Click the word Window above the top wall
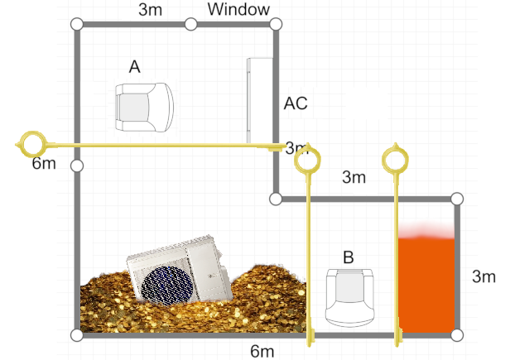pos(238,9)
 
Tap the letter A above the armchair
pos(135,67)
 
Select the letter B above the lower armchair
pos(349,257)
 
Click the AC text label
pos(296,103)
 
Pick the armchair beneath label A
pos(144,108)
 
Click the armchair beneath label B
pos(350,297)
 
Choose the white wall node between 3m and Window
pos(191,24)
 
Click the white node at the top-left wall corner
pos(77,24)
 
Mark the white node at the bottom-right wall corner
pos(457,335)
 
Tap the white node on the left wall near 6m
pos(77,166)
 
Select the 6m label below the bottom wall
pos(262,352)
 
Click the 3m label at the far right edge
pos(484,276)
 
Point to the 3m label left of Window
pos(150,9)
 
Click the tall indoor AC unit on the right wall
pos(260,100)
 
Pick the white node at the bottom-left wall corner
pos(77,335)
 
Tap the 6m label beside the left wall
pos(44,163)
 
